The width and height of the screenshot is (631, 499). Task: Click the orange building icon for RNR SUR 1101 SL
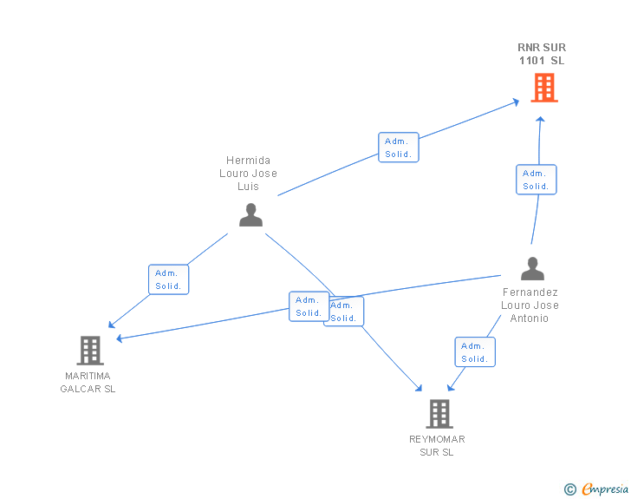pos(543,88)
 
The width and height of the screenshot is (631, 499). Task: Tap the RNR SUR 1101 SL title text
pos(542,54)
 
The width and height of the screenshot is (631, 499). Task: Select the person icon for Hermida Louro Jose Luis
pos(250,214)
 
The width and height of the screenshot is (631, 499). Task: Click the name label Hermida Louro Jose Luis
pos(249,174)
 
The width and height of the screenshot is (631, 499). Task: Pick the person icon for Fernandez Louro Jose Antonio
pos(532,269)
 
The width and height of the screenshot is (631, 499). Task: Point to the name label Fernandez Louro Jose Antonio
pos(530,305)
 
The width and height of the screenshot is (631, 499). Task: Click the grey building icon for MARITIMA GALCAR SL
pos(89,351)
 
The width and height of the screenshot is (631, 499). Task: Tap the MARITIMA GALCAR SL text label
pos(88,383)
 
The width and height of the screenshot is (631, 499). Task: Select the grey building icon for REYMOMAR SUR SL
pos(439,414)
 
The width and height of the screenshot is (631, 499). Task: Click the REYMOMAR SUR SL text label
pos(437,446)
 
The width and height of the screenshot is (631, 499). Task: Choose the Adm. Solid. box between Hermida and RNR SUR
pos(398,148)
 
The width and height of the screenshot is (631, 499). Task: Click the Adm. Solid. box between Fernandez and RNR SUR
pos(536,180)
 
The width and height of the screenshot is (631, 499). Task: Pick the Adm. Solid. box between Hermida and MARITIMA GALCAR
pos(168,279)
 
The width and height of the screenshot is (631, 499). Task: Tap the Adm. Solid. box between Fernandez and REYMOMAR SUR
pos(475,352)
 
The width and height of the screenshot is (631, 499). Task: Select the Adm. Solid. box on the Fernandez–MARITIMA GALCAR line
pos(309,306)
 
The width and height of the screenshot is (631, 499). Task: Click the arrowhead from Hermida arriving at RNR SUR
pos(517,102)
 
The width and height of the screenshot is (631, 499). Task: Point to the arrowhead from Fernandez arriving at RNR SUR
pos(541,118)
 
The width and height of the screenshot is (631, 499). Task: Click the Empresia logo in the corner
pos(605,489)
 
